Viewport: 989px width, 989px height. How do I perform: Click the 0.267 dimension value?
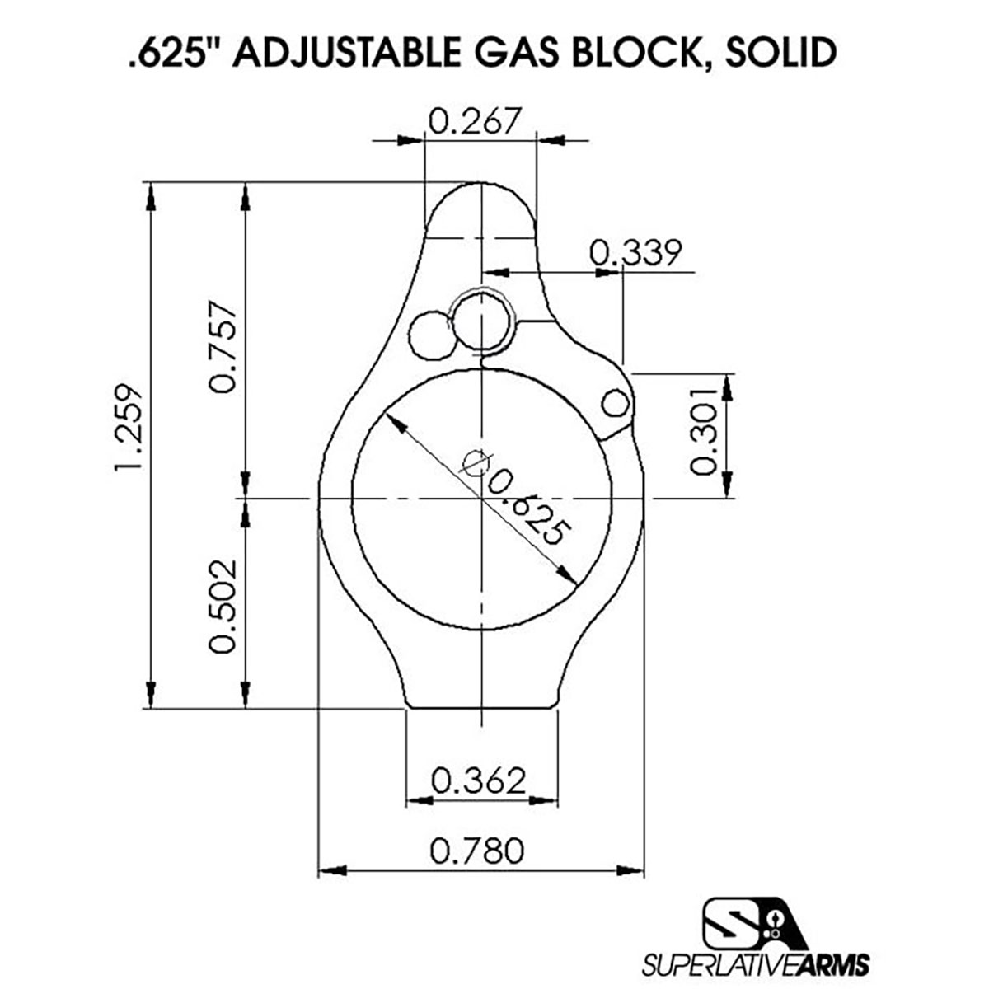click(x=476, y=121)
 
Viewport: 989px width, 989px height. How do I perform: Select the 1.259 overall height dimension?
click(x=130, y=428)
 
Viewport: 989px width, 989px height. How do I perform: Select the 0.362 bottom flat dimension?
click(x=478, y=780)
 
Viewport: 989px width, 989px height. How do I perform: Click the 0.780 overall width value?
click(x=477, y=850)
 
